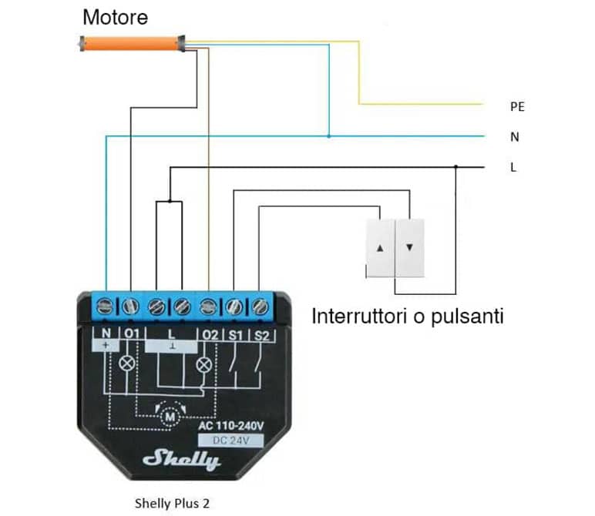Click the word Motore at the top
[x=116, y=16]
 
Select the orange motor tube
[x=132, y=43]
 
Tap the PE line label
[x=517, y=107]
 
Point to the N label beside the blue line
[x=514, y=137]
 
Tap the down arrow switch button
[x=409, y=249]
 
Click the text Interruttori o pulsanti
[x=408, y=317]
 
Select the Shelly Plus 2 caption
[x=171, y=504]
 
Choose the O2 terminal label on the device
[x=208, y=335]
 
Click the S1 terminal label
[x=234, y=335]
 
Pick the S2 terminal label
[x=261, y=335]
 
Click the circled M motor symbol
[x=169, y=417]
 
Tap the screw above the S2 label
[x=261, y=307]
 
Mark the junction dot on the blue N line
[x=329, y=137]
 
